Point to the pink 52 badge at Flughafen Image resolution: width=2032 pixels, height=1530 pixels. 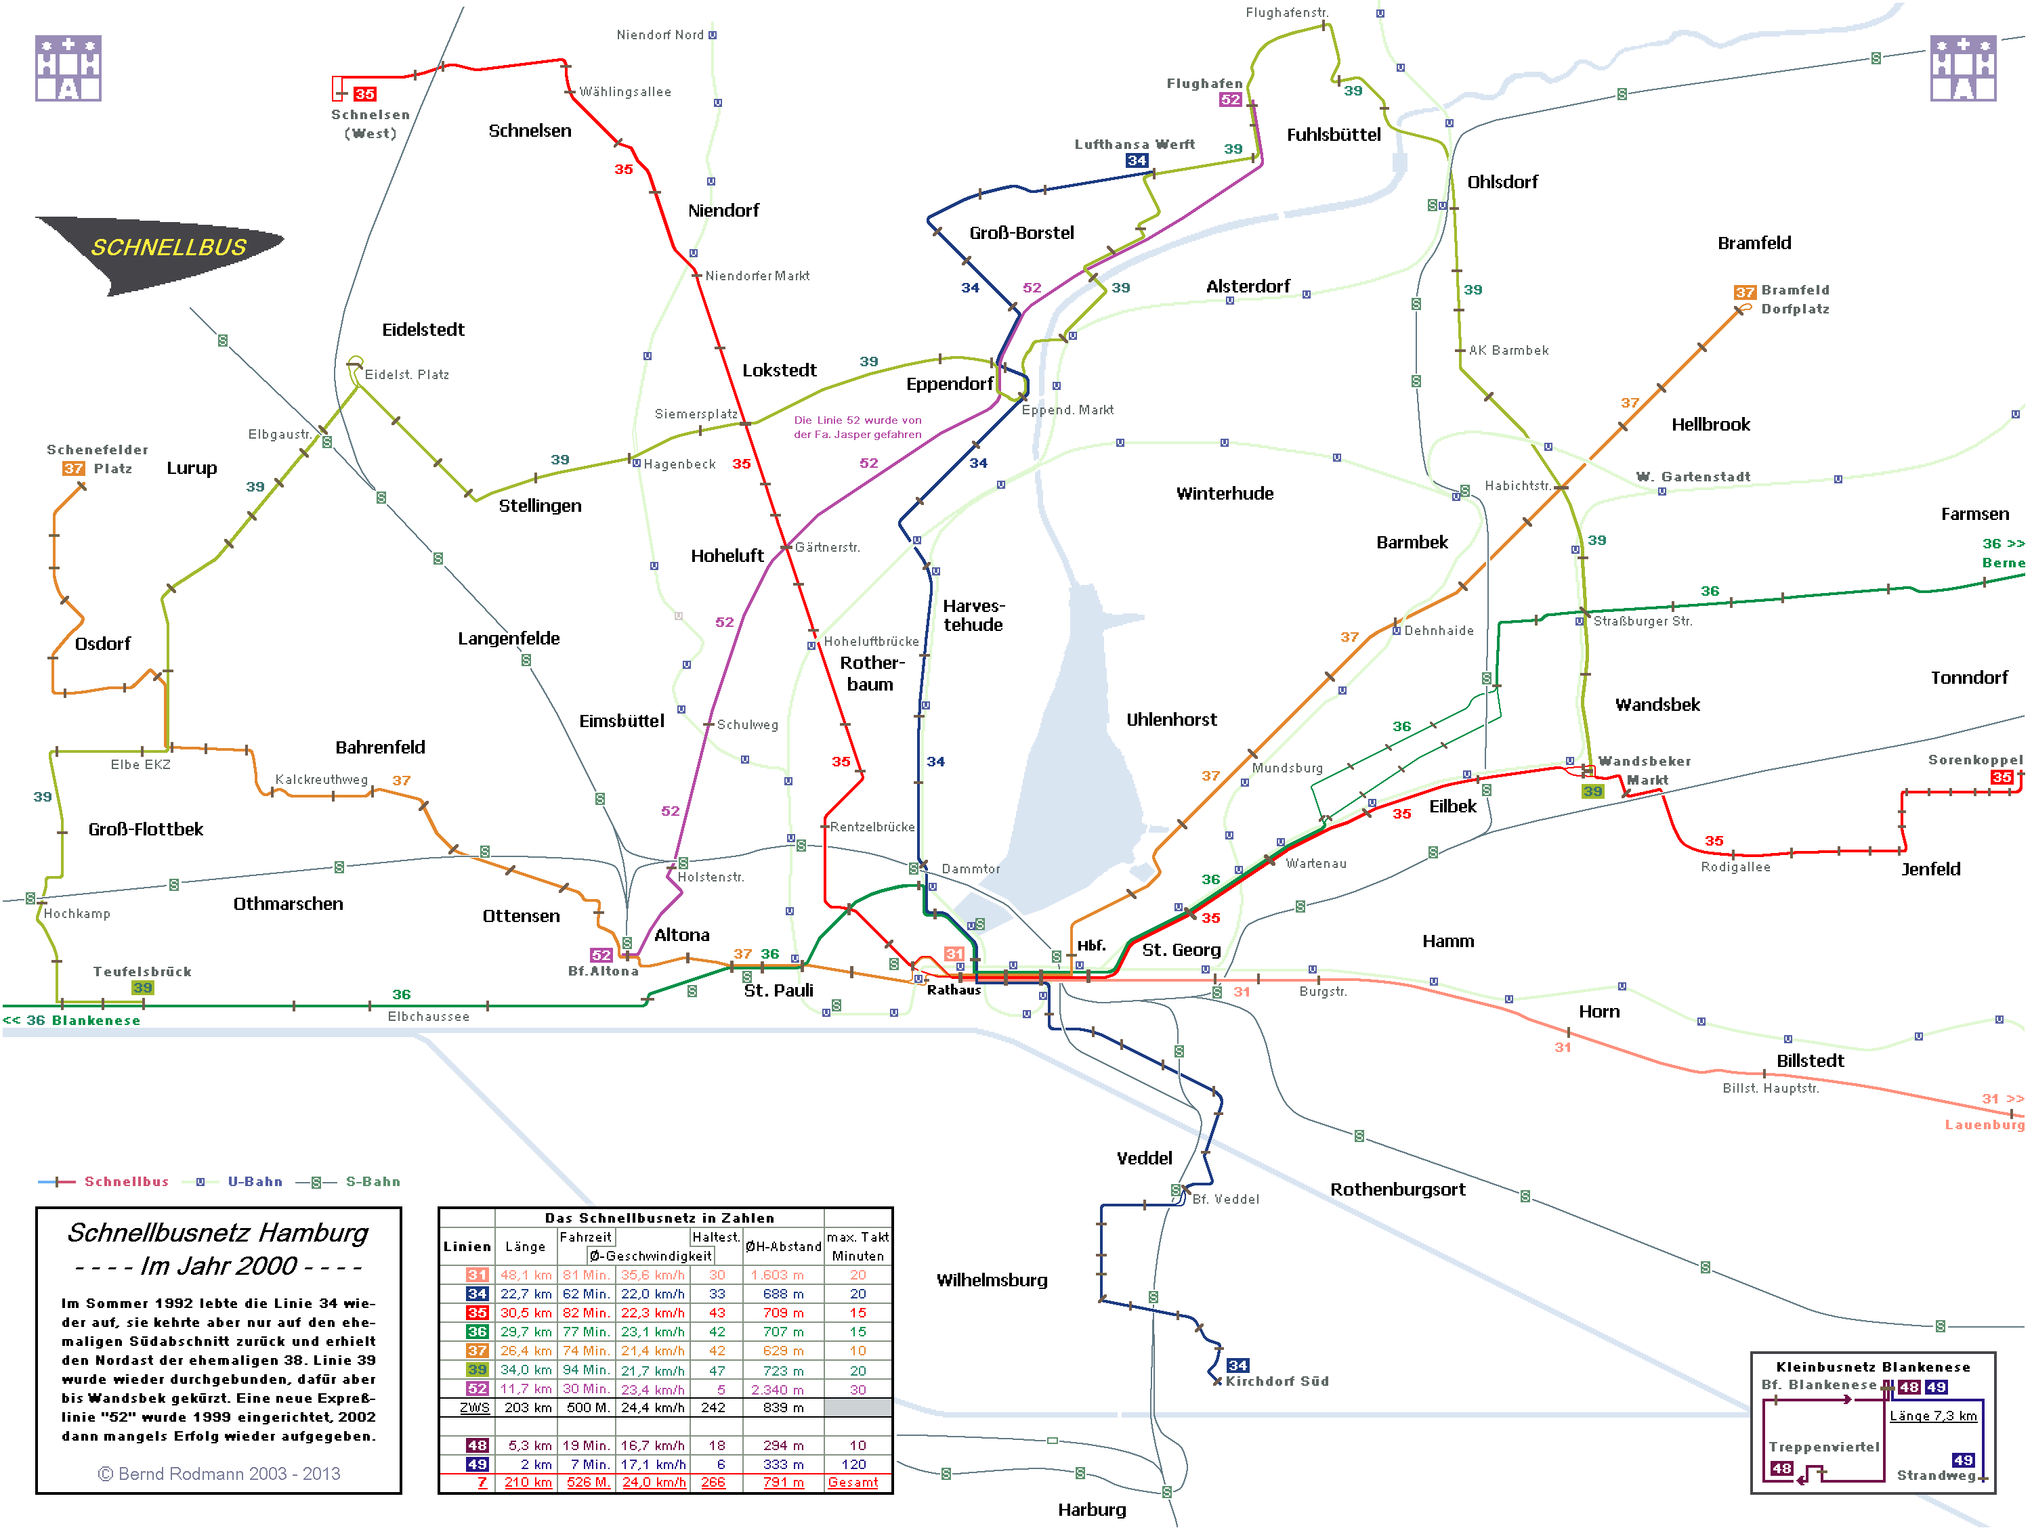pyautogui.click(x=1230, y=100)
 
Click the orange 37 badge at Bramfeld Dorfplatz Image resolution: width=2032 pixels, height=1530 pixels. pyautogui.click(x=1743, y=292)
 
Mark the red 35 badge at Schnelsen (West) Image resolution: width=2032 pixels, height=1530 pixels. pyautogui.click(x=364, y=93)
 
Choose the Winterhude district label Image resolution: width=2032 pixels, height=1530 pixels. pyautogui.click(x=1225, y=493)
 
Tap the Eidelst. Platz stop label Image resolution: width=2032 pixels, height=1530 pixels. pyautogui.click(x=407, y=374)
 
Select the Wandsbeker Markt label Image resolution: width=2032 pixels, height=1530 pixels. pyautogui.click(x=1645, y=770)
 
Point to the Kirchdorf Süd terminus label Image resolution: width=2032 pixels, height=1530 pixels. pyautogui.click(x=1276, y=1381)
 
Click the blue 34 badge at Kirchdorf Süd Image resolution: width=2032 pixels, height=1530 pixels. pyautogui.click(x=1237, y=1365)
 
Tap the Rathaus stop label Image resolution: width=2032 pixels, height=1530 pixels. pyautogui.click(x=954, y=990)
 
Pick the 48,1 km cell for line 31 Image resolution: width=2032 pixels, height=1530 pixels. pyautogui.click(x=526, y=1275)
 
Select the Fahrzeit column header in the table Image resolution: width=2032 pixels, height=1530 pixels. pyautogui.click(x=585, y=1237)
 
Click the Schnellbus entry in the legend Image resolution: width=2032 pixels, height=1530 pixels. pyautogui.click(x=126, y=1182)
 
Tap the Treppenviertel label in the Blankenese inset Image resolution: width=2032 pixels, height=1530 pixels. pyautogui.click(x=1823, y=1447)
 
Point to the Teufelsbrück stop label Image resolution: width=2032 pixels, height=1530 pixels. pyautogui.click(x=142, y=971)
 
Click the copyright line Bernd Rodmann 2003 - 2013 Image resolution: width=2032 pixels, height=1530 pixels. pyautogui.click(x=219, y=1473)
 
